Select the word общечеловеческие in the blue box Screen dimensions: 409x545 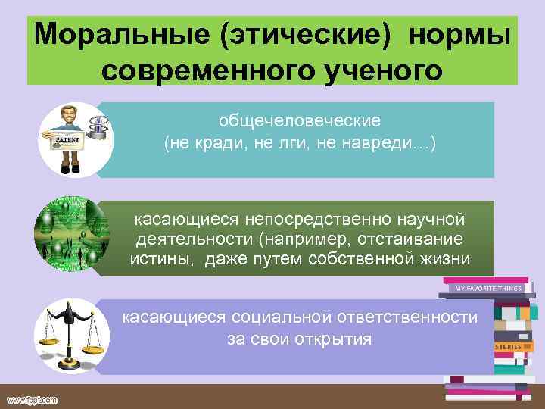300,121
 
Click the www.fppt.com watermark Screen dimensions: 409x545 32,399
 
